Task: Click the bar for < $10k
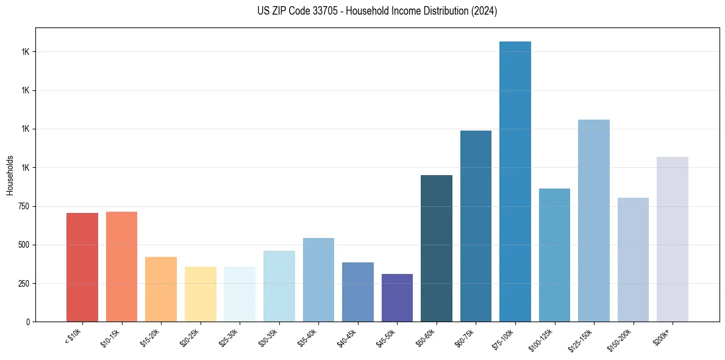[x=82, y=267]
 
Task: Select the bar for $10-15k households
[x=121, y=267]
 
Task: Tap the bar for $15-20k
[x=161, y=289]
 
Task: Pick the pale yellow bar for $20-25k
[x=200, y=294]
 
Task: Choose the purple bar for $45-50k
[x=397, y=298]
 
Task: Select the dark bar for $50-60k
[x=437, y=248]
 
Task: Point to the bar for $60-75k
[x=476, y=226]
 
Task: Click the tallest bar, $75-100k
[x=515, y=181]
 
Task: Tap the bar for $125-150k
[x=594, y=220]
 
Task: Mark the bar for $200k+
[x=673, y=239]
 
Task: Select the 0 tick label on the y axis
[x=27, y=322]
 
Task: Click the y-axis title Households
[x=10, y=175]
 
